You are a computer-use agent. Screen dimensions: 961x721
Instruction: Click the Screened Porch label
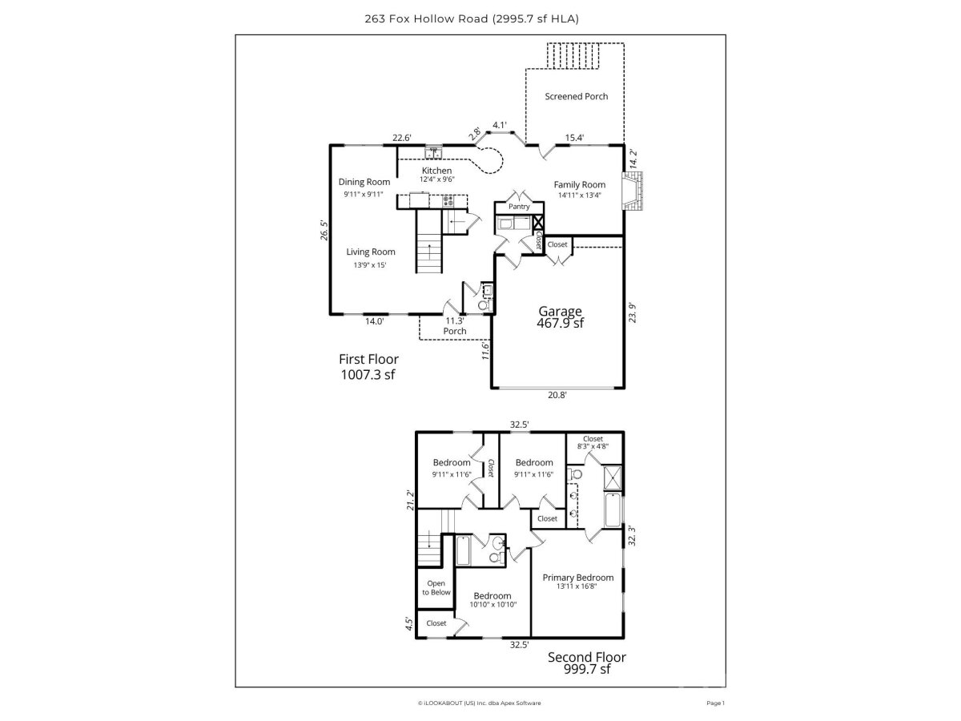(576, 96)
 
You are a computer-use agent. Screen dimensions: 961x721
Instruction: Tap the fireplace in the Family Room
(632, 191)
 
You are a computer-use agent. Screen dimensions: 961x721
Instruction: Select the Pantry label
(519, 207)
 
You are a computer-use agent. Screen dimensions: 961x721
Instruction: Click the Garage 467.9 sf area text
(560, 317)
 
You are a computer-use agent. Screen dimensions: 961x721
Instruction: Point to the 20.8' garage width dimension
(557, 395)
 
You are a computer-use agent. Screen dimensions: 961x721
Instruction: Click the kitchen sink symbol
(127, 153)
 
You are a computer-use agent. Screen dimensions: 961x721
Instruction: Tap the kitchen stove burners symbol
(448, 201)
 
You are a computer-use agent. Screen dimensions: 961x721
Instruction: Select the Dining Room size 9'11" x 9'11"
(364, 194)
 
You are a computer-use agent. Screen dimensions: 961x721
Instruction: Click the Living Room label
(371, 252)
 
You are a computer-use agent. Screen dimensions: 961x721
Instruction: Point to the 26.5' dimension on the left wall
(324, 230)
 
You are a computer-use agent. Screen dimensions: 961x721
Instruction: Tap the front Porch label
(454, 331)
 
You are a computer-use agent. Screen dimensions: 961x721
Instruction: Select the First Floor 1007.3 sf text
(368, 367)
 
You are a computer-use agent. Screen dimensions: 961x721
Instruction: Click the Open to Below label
(436, 587)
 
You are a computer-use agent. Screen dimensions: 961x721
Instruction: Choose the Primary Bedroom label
(578, 578)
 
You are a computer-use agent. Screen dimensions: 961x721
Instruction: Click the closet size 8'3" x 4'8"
(593, 446)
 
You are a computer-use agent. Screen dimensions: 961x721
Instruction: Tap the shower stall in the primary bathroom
(613, 477)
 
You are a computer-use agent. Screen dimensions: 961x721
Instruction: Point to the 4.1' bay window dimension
(500, 125)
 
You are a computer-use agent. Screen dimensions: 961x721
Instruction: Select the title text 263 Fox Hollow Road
(426, 18)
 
